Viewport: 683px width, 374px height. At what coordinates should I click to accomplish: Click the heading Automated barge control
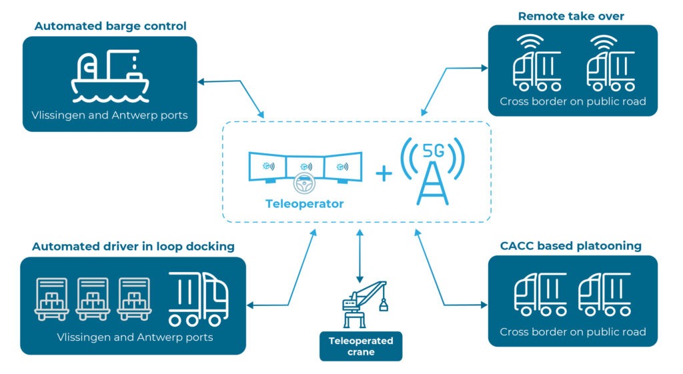click(x=110, y=27)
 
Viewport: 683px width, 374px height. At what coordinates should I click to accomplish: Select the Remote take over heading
click(x=572, y=15)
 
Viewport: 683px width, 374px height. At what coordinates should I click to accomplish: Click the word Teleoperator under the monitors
click(x=304, y=204)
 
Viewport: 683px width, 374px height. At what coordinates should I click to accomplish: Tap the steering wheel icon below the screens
click(x=304, y=184)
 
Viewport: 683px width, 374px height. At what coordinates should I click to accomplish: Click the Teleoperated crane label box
click(x=361, y=346)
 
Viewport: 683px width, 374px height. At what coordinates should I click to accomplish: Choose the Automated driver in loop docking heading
click(x=133, y=247)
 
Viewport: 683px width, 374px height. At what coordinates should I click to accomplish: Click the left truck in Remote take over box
click(x=537, y=69)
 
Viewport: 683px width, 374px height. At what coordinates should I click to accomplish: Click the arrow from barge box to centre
click(x=231, y=93)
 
